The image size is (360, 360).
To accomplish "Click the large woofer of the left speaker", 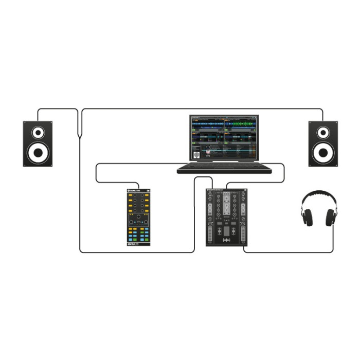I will tap(38, 152).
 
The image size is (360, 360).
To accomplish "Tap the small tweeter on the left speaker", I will tap(38, 133).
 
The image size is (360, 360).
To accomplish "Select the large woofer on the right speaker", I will tap(323, 152).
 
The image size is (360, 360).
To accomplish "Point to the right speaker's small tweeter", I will tap(323, 133).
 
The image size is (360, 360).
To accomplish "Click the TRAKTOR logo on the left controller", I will tap(135, 191).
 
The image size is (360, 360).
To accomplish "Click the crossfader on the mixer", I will tap(227, 241).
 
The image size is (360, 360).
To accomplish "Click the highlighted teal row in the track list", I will tap(231, 150).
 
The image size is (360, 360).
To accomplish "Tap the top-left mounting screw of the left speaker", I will tap(26, 123).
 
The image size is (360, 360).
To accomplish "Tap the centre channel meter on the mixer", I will tap(227, 206).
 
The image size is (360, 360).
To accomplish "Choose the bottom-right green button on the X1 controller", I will tap(146, 239).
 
